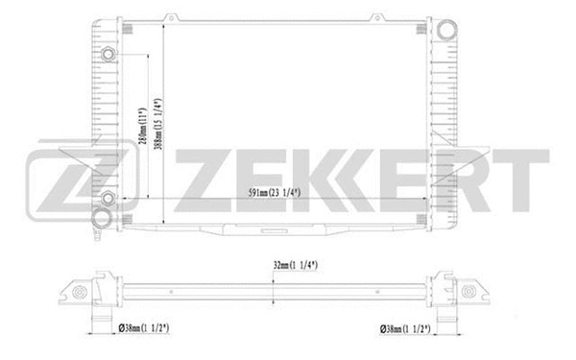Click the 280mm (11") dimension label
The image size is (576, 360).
(x=141, y=124)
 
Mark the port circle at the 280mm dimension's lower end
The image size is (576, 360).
(x=108, y=199)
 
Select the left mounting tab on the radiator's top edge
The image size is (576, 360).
(x=170, y=16)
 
